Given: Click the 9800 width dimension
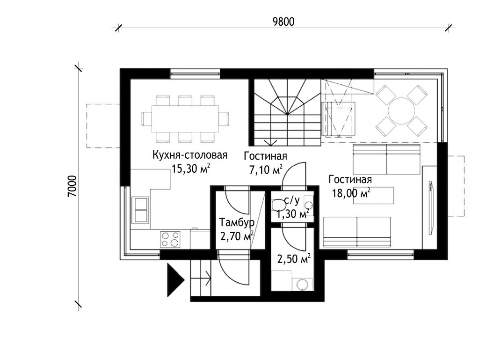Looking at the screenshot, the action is (283, 22).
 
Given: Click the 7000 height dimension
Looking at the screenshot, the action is (73, 186).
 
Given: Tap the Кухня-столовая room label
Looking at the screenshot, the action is (190, 155).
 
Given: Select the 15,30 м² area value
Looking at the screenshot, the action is (191, 169).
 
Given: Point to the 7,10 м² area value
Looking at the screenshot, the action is (266, 169).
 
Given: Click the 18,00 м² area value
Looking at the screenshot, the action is (351, 193).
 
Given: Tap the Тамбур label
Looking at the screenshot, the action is (237, 222).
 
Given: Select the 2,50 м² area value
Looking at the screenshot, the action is (294, 259).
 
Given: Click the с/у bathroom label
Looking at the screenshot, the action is (292, 200).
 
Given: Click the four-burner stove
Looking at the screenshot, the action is (170, 239).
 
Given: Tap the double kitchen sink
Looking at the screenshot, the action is (140, 210).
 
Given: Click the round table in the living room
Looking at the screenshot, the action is (401, 110).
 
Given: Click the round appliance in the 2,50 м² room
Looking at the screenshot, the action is (302, 284).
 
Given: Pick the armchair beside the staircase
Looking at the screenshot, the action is (339, 119).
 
